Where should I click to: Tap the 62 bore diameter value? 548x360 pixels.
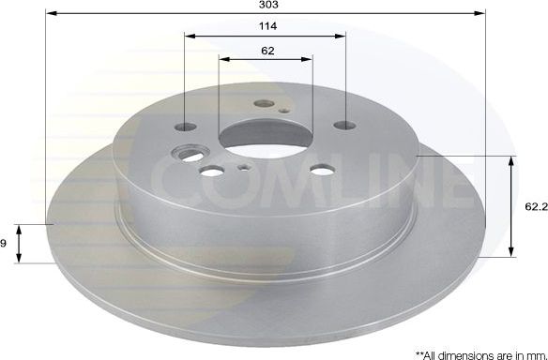(x=267, y=51)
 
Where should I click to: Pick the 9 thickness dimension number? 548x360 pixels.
(x=5, y=244)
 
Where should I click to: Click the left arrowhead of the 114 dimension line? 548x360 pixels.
(x=188, y=37)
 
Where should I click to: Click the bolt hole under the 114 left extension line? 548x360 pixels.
(x=188, y=127)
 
